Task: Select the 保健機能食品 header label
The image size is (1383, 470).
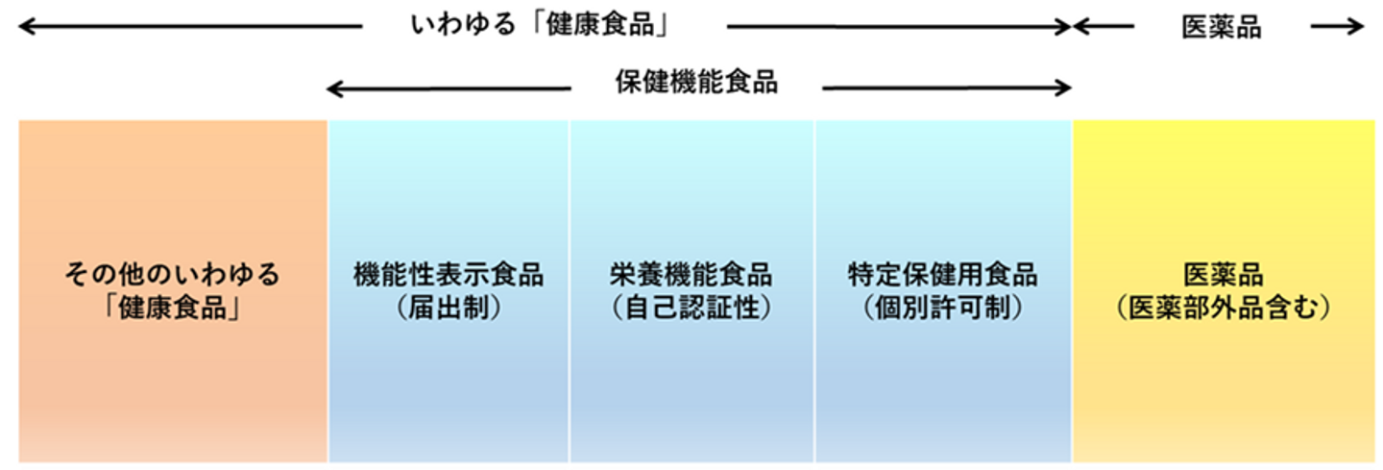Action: click(x=696, y=84)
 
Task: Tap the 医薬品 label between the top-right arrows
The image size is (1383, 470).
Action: click(x=1221, y=28)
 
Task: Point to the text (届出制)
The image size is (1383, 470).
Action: click(x=449, y=309)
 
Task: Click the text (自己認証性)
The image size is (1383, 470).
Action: click(x=691, y=309)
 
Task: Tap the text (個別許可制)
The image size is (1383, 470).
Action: click(x=942, y=309)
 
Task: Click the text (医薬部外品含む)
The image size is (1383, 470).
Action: click(x=1223, y=309)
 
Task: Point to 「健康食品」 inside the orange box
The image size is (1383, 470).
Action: click(x=172, y=309)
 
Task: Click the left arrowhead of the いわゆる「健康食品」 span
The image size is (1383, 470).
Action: click(x=24, y=27)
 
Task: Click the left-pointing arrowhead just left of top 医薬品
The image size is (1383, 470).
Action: click(x=1080, y=27)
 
